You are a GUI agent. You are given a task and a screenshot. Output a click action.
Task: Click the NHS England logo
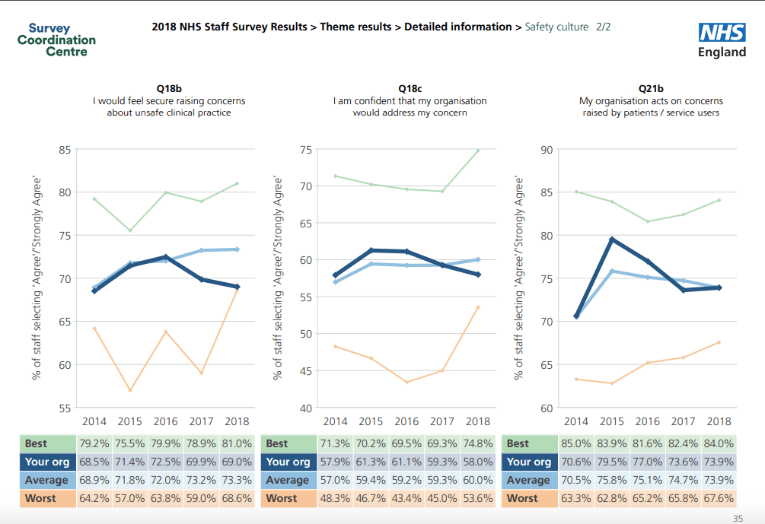pos(722,40)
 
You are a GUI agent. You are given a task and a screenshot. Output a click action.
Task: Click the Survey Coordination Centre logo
pos(56,40)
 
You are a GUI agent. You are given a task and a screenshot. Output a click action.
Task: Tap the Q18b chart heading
pos(168,89)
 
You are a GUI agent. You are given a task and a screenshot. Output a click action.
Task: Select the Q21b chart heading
pos(651,89)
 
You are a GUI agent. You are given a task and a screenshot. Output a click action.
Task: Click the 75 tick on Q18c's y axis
pos(305,150)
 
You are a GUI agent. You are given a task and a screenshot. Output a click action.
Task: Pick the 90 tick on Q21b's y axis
pos(547,150)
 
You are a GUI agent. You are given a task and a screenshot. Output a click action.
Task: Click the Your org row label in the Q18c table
pos(288,462)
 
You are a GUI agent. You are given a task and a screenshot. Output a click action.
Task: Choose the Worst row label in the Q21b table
pos(522,498)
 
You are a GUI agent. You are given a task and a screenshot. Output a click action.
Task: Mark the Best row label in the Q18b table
pos(37,443)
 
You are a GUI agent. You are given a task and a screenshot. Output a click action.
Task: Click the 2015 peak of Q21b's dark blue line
pos(612,240)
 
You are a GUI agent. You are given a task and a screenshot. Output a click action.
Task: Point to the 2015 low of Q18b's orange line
pos(130,390)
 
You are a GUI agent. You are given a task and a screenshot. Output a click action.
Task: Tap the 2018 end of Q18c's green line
pos(478,151)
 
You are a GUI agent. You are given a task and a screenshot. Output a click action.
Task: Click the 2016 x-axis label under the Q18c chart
pos(406,421)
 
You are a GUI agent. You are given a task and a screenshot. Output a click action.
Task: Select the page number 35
pos(738,519)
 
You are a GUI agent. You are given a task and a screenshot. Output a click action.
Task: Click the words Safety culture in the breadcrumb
pos(556,27)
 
